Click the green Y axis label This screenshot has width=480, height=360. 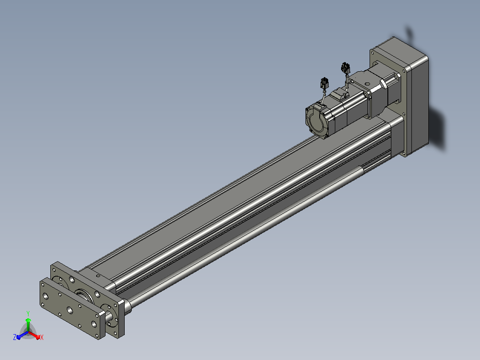pos(28,313)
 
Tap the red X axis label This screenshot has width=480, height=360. pos(42,337)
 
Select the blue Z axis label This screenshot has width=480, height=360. pos(15,337)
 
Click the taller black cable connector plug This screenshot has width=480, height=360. pos(346,68)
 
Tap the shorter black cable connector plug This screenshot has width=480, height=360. pos(325,83)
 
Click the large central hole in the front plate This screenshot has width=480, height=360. pos(70,310)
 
